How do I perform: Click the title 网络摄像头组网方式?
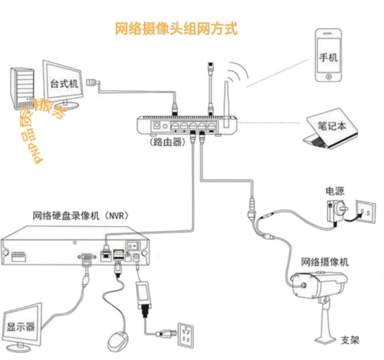tap(175, 30)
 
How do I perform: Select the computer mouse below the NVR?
tap(114, 342)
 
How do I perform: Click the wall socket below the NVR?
tap(188, 333)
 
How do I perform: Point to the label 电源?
tap(334, 192)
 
